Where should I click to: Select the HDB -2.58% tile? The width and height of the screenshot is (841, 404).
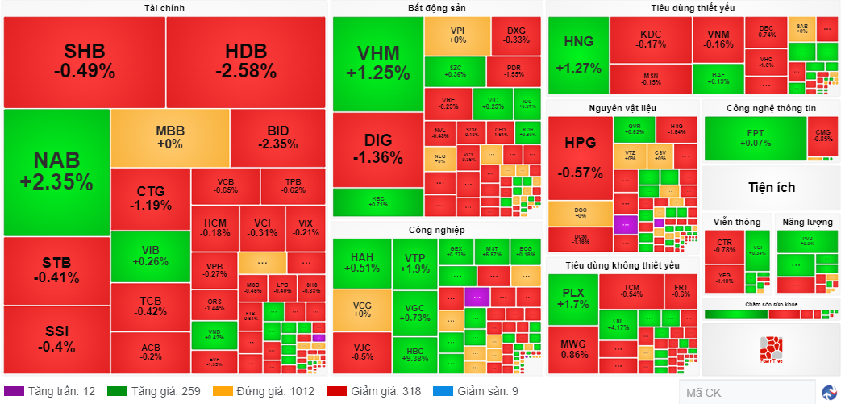246,61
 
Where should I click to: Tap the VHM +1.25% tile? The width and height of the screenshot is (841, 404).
378,63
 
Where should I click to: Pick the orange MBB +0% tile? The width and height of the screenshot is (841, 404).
169,137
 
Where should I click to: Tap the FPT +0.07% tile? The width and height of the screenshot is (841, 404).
755,138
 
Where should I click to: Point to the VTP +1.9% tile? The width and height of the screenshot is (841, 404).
414,263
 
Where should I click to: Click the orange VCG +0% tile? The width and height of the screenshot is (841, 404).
361,310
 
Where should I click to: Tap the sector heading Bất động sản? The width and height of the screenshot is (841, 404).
436,8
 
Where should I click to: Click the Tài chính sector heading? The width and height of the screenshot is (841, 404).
164,8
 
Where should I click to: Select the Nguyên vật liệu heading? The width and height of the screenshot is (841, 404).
622,108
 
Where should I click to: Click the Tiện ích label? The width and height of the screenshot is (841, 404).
770,187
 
